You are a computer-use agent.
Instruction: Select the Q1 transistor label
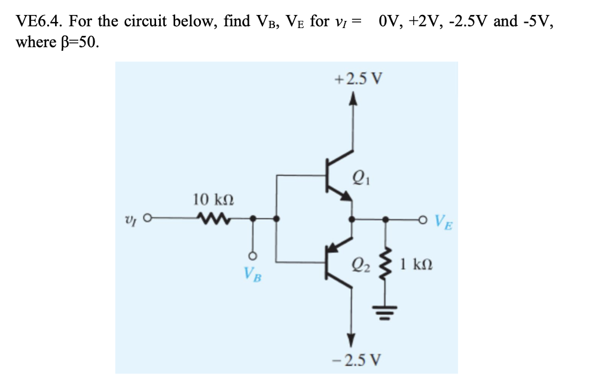pos(359,175)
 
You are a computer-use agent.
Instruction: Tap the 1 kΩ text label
pos(414,263)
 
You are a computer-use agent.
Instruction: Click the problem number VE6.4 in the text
pos(39,22)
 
